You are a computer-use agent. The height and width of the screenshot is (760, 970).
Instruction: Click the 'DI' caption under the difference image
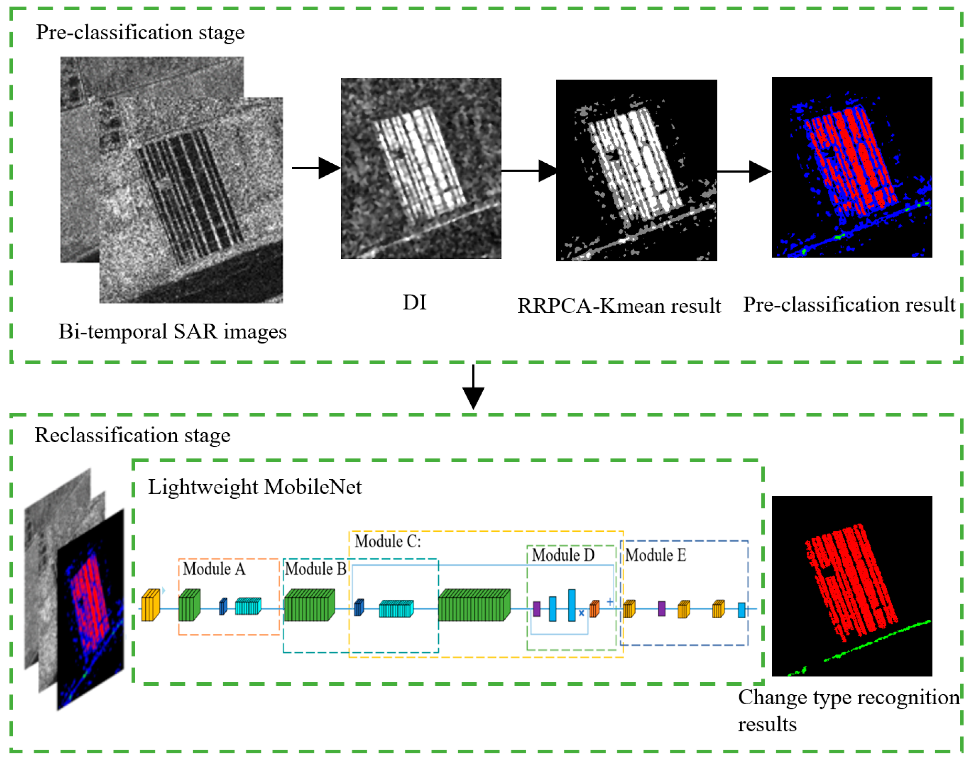click(x=414, y=303)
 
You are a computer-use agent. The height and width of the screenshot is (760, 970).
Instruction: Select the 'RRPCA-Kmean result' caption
click(x=618, y=306)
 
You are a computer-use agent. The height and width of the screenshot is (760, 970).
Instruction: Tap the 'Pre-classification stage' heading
click(x=140, y=32)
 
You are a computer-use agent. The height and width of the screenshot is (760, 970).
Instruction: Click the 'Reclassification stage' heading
click(x=132, y=435)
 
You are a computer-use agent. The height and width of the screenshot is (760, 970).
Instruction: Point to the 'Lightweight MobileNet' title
click(x=255, y=487)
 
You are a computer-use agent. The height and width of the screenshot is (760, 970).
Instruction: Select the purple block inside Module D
click(x=537, y=609)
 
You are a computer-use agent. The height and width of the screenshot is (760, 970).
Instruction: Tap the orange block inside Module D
click(x=594, y=608)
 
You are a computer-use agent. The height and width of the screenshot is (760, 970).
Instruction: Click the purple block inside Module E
click(x=662, y=608)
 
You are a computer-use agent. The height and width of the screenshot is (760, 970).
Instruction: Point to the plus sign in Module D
click(x=610, y=601)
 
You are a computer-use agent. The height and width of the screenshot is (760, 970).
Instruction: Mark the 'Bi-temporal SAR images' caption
click(x=173, y=332)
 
